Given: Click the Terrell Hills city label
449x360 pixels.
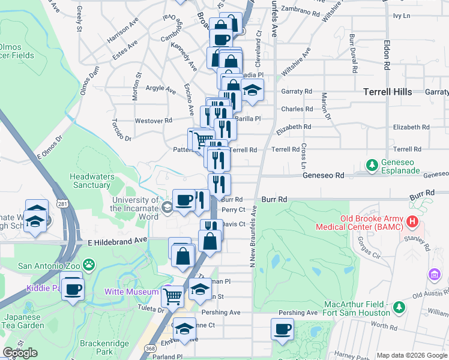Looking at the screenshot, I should (388, 92).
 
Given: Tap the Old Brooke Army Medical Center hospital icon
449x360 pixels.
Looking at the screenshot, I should (412, 222).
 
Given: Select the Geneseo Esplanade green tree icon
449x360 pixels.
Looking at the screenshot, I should (372, 164).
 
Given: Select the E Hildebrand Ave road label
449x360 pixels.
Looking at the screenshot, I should (117, 241).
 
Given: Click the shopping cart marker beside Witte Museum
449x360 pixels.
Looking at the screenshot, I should (173, 295).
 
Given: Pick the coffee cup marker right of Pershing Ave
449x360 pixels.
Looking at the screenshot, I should (282, 328).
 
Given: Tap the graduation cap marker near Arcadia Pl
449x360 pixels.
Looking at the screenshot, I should (253, 89).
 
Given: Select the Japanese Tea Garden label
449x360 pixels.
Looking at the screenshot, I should (24, 321).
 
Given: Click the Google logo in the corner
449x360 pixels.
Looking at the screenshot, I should (20, 353).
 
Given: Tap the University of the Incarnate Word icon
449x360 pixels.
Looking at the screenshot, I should (166, 208).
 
